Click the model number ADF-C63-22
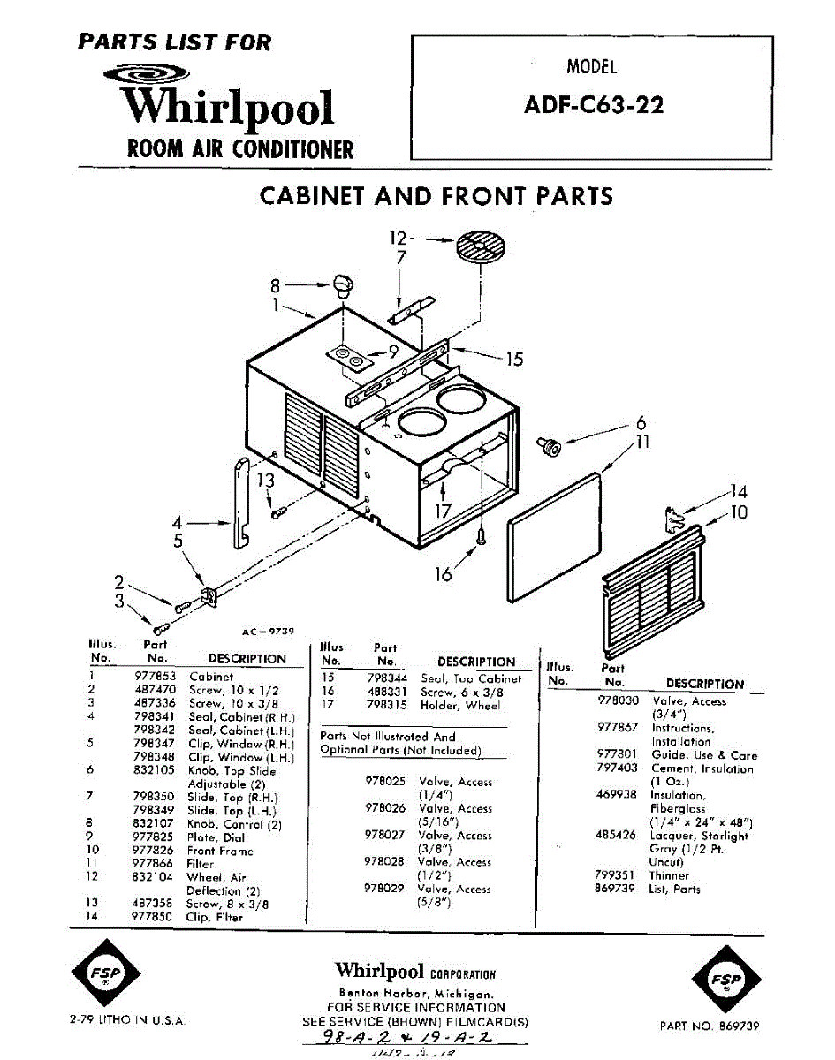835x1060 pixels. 593,105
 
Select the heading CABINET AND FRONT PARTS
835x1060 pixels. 436,195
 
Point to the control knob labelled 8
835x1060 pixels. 344,284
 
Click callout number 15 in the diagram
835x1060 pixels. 514,359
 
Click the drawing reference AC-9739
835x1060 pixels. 267,631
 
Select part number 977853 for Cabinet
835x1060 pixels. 156,676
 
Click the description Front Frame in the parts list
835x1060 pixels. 220,851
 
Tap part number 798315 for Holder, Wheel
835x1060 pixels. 385,706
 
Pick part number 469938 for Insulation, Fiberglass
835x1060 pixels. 616,794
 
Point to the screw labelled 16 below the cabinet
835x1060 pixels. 481,535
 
